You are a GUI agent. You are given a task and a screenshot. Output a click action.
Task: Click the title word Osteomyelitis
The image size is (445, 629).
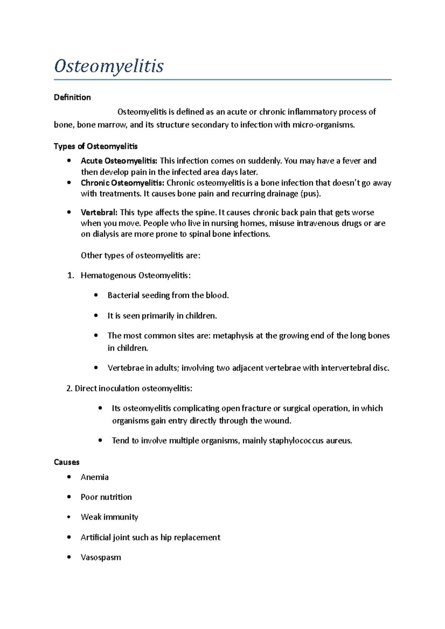[x=109, y=66]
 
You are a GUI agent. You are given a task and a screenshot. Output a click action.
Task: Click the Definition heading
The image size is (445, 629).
[x=72, y=97]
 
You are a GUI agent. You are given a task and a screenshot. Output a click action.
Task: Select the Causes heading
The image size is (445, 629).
[x=67, y=462]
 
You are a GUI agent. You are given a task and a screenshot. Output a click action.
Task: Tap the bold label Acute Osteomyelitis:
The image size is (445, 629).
[x=119, y=161]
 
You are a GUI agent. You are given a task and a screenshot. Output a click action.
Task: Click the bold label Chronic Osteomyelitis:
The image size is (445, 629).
[x=122, y=183]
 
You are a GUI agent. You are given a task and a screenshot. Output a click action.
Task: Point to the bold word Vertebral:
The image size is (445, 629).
[x=99, y=212]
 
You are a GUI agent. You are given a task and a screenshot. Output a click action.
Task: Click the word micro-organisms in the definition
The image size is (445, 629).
[x=323, y=125]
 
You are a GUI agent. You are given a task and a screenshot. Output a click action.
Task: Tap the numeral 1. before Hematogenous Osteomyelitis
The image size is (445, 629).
[x=71, y=276]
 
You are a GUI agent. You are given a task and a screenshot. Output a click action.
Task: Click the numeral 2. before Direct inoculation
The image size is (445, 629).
[x=69, y=388]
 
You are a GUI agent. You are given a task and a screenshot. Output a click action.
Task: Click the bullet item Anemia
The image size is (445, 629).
[x=95, y=477]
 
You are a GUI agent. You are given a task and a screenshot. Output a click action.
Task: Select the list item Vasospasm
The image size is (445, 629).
[x=101, y=558]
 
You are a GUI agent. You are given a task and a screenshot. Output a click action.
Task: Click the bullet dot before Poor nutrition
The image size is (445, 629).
[x=69, y=497]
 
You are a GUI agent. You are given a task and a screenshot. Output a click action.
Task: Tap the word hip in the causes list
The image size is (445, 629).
[x=166, y=538]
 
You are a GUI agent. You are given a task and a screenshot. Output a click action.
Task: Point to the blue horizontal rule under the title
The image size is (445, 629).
[x=222, y=80]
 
